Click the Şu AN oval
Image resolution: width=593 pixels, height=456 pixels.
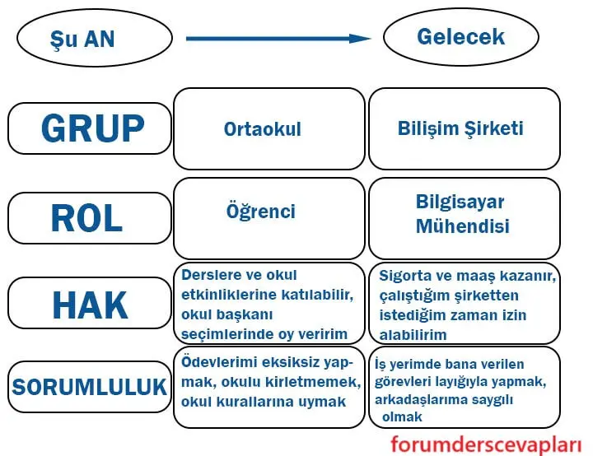tap(94, 39)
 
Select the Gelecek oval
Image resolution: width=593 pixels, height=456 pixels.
tap(460, 37)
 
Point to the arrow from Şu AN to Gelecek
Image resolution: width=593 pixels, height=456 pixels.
tap(278, 38)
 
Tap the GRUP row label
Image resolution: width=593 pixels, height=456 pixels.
tap(88, 128)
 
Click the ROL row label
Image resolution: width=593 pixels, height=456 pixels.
tap(88, 218)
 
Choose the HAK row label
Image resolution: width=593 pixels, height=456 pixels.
tap(88, 305)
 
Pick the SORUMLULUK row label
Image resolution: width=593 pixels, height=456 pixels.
tap(88, 386)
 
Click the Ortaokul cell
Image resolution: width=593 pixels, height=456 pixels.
tap(268, 129)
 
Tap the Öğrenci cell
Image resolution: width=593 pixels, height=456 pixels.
tap(268, 212)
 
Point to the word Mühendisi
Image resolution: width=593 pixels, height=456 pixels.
tap(462, 226)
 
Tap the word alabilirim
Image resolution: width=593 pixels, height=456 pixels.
tap(413, 335)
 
